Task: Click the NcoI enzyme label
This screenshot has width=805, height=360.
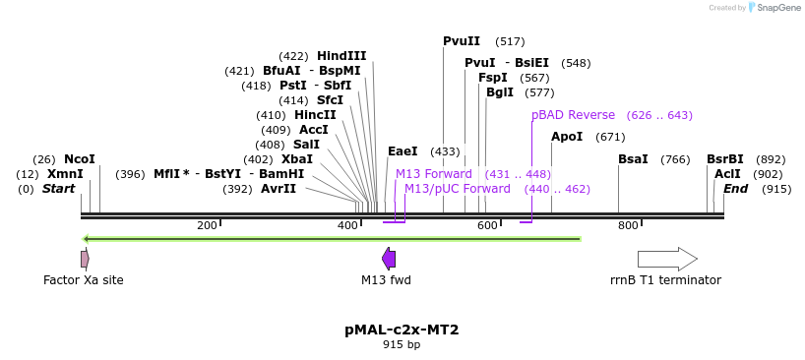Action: click(79, 159)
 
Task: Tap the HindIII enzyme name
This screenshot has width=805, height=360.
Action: click(341, 56)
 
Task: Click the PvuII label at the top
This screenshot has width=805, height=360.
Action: click(462, 41)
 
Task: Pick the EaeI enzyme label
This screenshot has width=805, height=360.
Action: click(402, 151)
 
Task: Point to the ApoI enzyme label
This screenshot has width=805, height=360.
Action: click(567, 137)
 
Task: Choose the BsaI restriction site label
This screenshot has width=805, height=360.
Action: click(633, 159)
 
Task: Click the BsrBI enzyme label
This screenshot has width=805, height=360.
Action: click(724, 159)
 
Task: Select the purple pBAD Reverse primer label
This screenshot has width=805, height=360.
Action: click(573, 115)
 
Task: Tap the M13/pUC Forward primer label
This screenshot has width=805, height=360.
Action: click(457, 189)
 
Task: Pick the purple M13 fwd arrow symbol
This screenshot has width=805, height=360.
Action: click(389, 259)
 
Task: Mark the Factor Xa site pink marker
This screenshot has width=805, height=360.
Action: click(85, 259)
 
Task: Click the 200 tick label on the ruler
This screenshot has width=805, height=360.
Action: click(207, 226)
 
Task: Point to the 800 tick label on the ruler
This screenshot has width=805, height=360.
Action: click(628, 226)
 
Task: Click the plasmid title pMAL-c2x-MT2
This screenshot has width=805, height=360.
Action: click(402, 330)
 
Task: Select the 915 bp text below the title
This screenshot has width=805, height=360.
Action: click(402, 345)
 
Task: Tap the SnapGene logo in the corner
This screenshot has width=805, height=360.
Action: click(773, 8)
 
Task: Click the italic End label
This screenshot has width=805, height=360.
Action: click(735, 189)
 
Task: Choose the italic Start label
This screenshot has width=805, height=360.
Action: click(58, 189)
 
